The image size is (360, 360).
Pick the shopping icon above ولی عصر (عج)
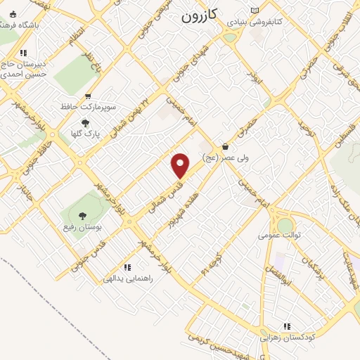(x=225, y=146)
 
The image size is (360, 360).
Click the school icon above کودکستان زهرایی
(x=287, y=326)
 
